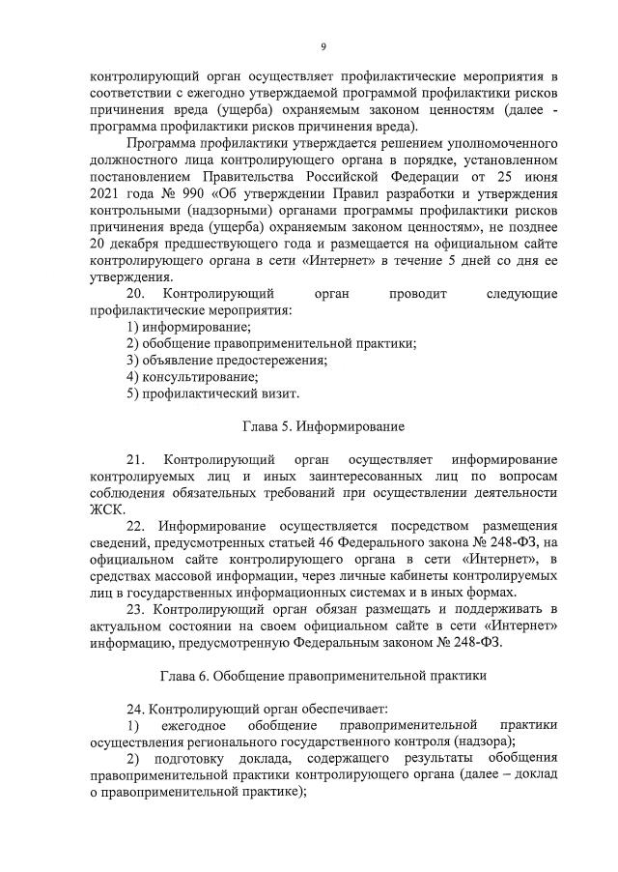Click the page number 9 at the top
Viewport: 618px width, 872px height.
323,46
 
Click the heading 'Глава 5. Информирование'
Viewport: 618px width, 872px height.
323,425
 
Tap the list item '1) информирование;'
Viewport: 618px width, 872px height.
188,328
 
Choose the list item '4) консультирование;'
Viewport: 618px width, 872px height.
192,377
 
